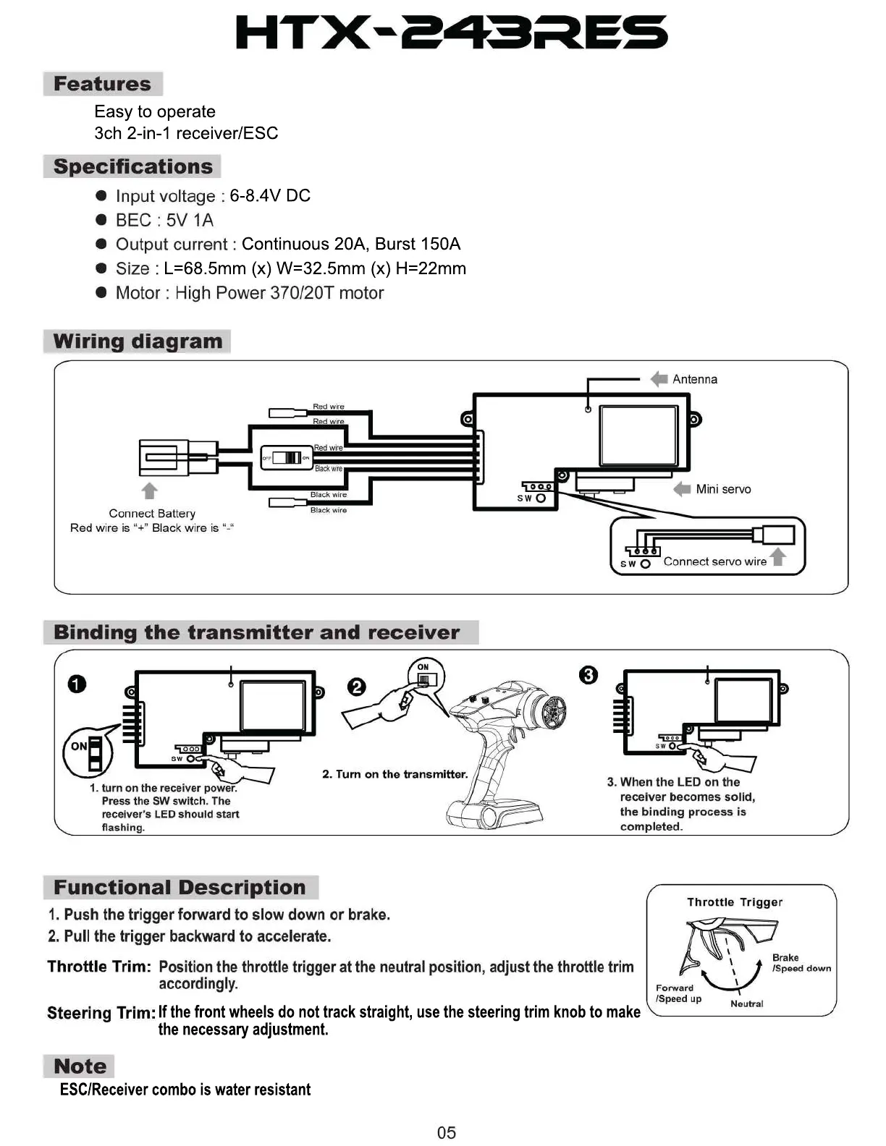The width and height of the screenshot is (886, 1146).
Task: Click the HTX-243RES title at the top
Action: tap(452, 33)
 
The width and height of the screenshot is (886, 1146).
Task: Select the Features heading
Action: tap(102, 84)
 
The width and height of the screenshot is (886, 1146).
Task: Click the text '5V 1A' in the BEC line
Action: tap(190, 220)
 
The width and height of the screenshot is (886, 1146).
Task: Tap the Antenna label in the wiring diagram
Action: tap(694, 379)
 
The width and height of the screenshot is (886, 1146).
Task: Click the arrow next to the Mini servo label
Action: tap(682, 489)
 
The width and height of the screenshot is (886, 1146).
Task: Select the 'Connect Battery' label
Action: tap(152, 513)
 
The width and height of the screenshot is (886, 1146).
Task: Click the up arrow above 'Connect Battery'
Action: tap(149, 491)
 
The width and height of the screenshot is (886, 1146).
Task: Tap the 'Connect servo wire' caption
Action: tap(714, 561)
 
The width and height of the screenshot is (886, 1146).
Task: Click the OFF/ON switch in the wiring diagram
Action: tap(287, 458)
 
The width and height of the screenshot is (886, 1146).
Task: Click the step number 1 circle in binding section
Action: tap(77, 684)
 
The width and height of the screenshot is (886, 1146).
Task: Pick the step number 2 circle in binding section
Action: tap(357, 687)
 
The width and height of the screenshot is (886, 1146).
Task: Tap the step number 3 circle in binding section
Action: tap(588, 675)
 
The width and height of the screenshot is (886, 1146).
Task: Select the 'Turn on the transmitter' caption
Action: tap(395, 774)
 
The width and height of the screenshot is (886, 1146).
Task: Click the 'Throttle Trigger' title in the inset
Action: tap(734, 902)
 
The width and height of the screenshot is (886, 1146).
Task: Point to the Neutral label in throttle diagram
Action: tap(746, 1003)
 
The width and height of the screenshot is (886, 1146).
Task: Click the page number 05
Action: tap(447, 1132)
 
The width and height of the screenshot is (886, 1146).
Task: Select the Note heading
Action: tap(80, 1066)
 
